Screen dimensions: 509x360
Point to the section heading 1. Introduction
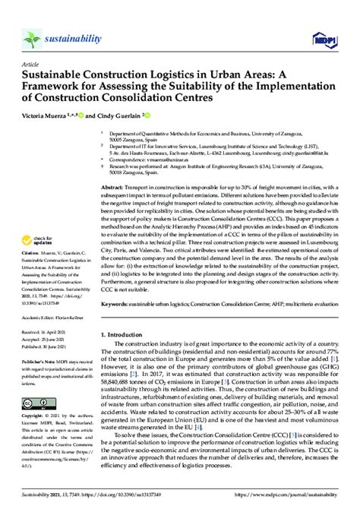tap(126, 334)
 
